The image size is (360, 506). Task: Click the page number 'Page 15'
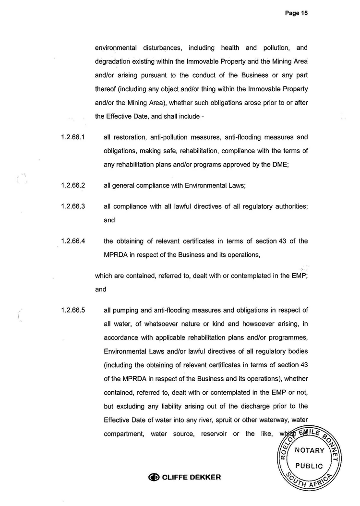click(x=296, y=13)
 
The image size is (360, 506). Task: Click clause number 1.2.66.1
click(x=73, y=137)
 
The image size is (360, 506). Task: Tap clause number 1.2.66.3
click(x=73, y=206)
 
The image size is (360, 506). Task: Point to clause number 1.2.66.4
click(x=73, y=241)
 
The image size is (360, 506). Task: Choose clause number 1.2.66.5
click(x=73, y=310)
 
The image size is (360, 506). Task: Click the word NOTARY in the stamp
click(x=310, y=450)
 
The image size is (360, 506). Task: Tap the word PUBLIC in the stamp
click(x=310, y=466)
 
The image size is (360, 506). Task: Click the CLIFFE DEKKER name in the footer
click(x=192, y=477)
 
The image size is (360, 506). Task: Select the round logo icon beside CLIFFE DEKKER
click(x=154, y=477)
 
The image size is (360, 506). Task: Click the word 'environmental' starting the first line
click(x=116, y=48)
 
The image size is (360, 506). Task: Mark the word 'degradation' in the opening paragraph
click(x=115, y=62)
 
